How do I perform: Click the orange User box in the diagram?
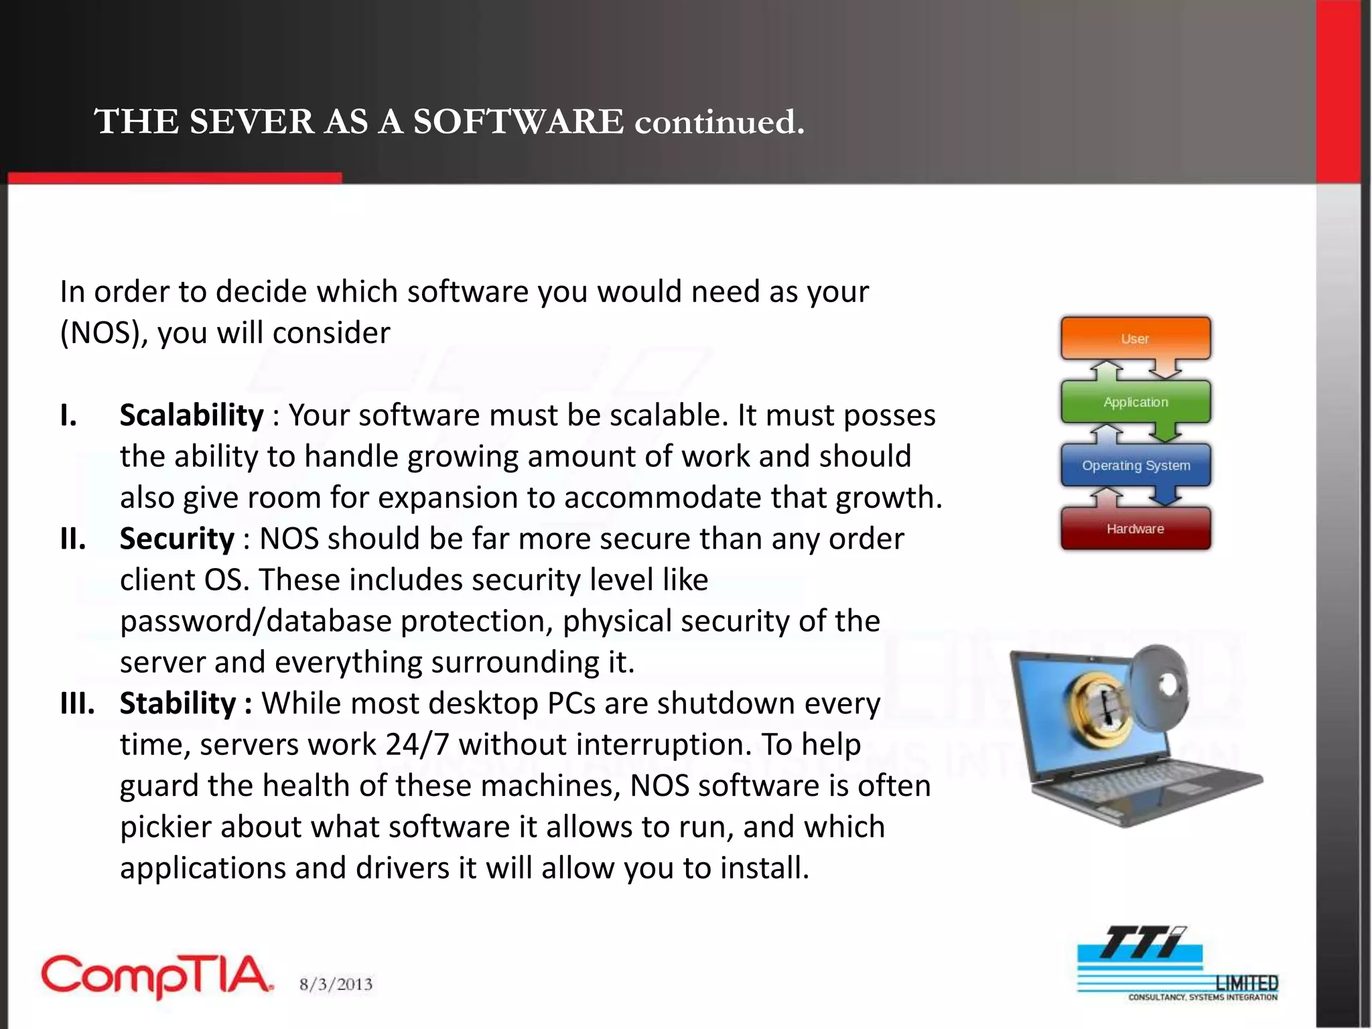[1135, 338]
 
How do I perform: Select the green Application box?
[1135, 402]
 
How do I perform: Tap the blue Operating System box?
[1135, 465]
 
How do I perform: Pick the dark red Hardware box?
[1135, 529]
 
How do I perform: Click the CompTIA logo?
[157, 976]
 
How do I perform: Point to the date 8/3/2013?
[336, 984]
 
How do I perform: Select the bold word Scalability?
[192, 415]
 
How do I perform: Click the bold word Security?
[177, 539]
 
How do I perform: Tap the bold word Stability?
[178, 703]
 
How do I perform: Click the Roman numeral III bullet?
[76, 703]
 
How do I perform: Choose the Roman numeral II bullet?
[72, 539]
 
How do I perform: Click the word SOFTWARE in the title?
[518, 122]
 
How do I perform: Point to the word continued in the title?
[718, 122]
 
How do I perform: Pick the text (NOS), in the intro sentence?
[104, 333]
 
